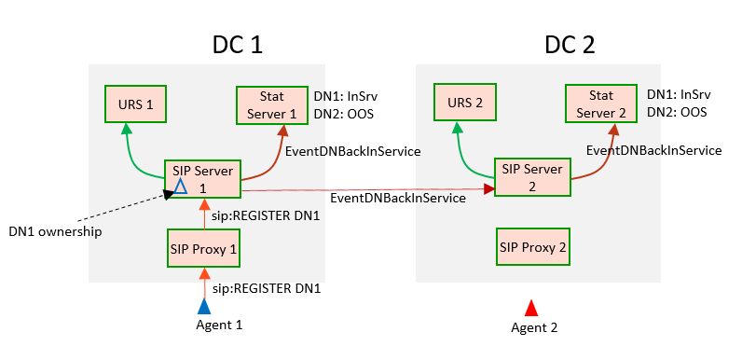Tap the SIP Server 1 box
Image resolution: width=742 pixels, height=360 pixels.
[x=202, y=178]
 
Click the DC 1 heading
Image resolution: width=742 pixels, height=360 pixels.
[x=239, y=44]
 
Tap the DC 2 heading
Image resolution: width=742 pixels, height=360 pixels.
[x=570, y=44]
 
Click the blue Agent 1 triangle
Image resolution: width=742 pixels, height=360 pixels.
[x=204, y=305]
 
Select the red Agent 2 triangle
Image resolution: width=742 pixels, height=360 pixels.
[x=530, y=308]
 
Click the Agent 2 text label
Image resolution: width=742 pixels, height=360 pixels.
[x=534, y=327]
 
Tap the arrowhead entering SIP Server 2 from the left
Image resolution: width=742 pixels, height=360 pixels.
[x=488, y=189]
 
